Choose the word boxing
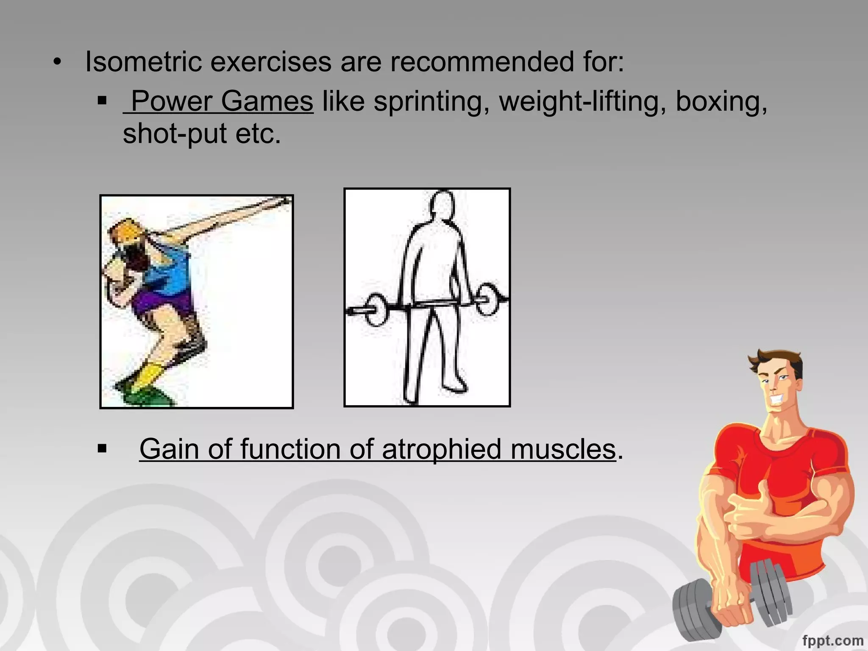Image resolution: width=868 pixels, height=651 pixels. pos(721,102)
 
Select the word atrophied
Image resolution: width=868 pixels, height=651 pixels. pos(442,449)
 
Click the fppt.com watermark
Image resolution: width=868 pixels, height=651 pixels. pos(832,640)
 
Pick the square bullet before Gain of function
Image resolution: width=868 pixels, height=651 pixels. pos(102,449)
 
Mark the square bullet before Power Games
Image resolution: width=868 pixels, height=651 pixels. pos(102,101)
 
